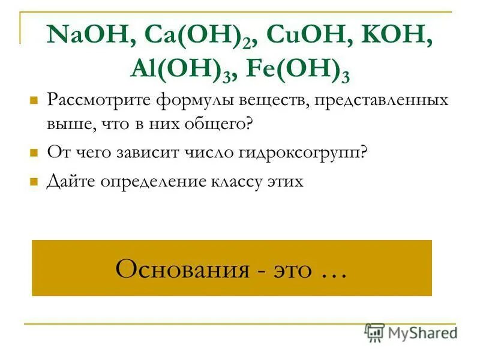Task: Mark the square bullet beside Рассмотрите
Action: click(34, 99)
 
